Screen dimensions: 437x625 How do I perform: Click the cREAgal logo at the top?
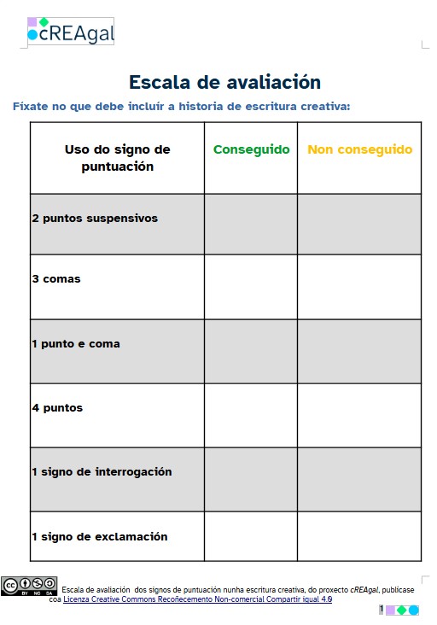pos(71,32)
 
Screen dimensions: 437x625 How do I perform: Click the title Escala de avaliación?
pos(224,83)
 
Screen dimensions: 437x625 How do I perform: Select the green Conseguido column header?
pos(251,149)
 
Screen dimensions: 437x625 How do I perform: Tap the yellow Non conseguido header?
pos(359,149)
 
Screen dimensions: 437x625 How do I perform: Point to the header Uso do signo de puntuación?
pos(117,158)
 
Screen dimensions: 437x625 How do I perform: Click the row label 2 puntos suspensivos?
pos(95,219)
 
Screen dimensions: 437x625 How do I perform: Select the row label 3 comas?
pos(56,279)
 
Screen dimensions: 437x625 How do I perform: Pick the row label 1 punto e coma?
pos(76,344)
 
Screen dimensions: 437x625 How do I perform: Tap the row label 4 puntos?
pos(57,408)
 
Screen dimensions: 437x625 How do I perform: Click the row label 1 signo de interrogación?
pos(102,472)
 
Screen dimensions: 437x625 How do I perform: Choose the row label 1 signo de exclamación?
pos(100,537)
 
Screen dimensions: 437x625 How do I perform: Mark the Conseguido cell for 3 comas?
pos(251,286)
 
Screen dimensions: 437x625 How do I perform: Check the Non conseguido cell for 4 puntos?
pos(359,415)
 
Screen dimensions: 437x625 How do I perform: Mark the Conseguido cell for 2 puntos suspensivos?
pos(251,224)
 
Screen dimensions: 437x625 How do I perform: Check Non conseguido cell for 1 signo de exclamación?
pos(359,536)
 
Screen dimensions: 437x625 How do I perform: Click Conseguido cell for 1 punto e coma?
pos(251,351)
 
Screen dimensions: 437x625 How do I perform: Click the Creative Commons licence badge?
pos(29,586)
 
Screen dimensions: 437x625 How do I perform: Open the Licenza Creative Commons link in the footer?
pos(197,599)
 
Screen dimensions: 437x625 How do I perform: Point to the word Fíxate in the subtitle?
pos(31,107)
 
